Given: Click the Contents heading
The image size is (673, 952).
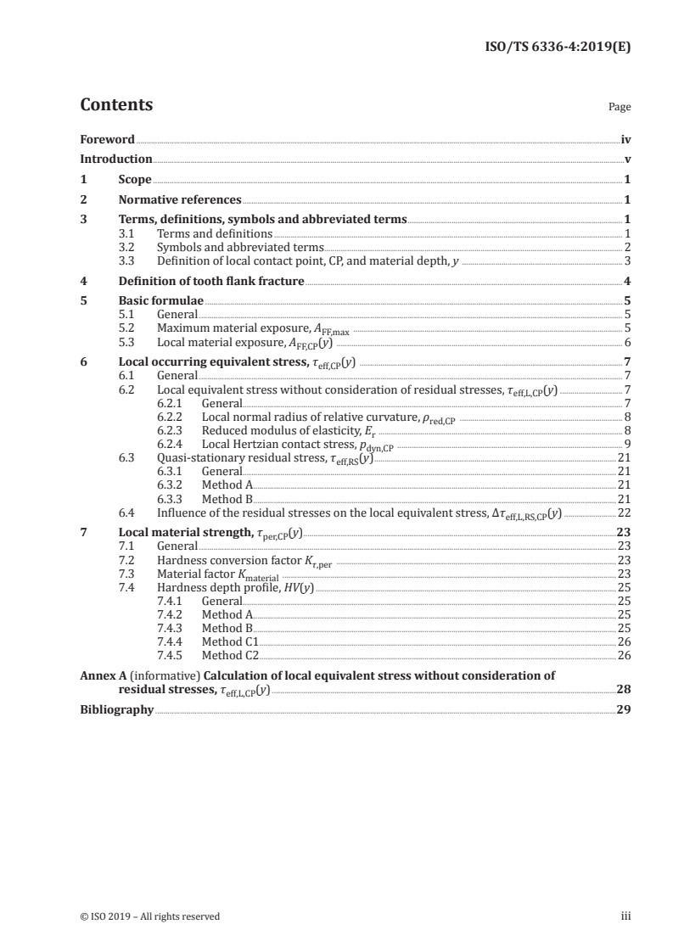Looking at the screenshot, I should (x=116, y=105).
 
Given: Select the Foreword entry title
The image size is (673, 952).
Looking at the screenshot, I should (x=107, y=139).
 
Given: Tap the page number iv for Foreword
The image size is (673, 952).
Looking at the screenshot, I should (x=625, y=139).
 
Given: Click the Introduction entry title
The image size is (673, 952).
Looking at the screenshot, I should (x=115, y=159).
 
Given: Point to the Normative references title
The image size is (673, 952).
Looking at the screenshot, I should (x=180, y=200).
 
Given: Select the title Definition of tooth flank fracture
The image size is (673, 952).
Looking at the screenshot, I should (x=211, y=281).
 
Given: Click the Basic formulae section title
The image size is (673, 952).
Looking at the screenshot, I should (x=161, y=301).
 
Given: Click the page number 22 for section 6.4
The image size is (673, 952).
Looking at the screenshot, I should (x=624, y=512).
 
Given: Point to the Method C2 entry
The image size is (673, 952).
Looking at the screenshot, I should (x=230, y=656).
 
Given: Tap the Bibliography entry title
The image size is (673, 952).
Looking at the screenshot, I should (x=116, y=709).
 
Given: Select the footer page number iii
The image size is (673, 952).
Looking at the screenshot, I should (x=625, y=916).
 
